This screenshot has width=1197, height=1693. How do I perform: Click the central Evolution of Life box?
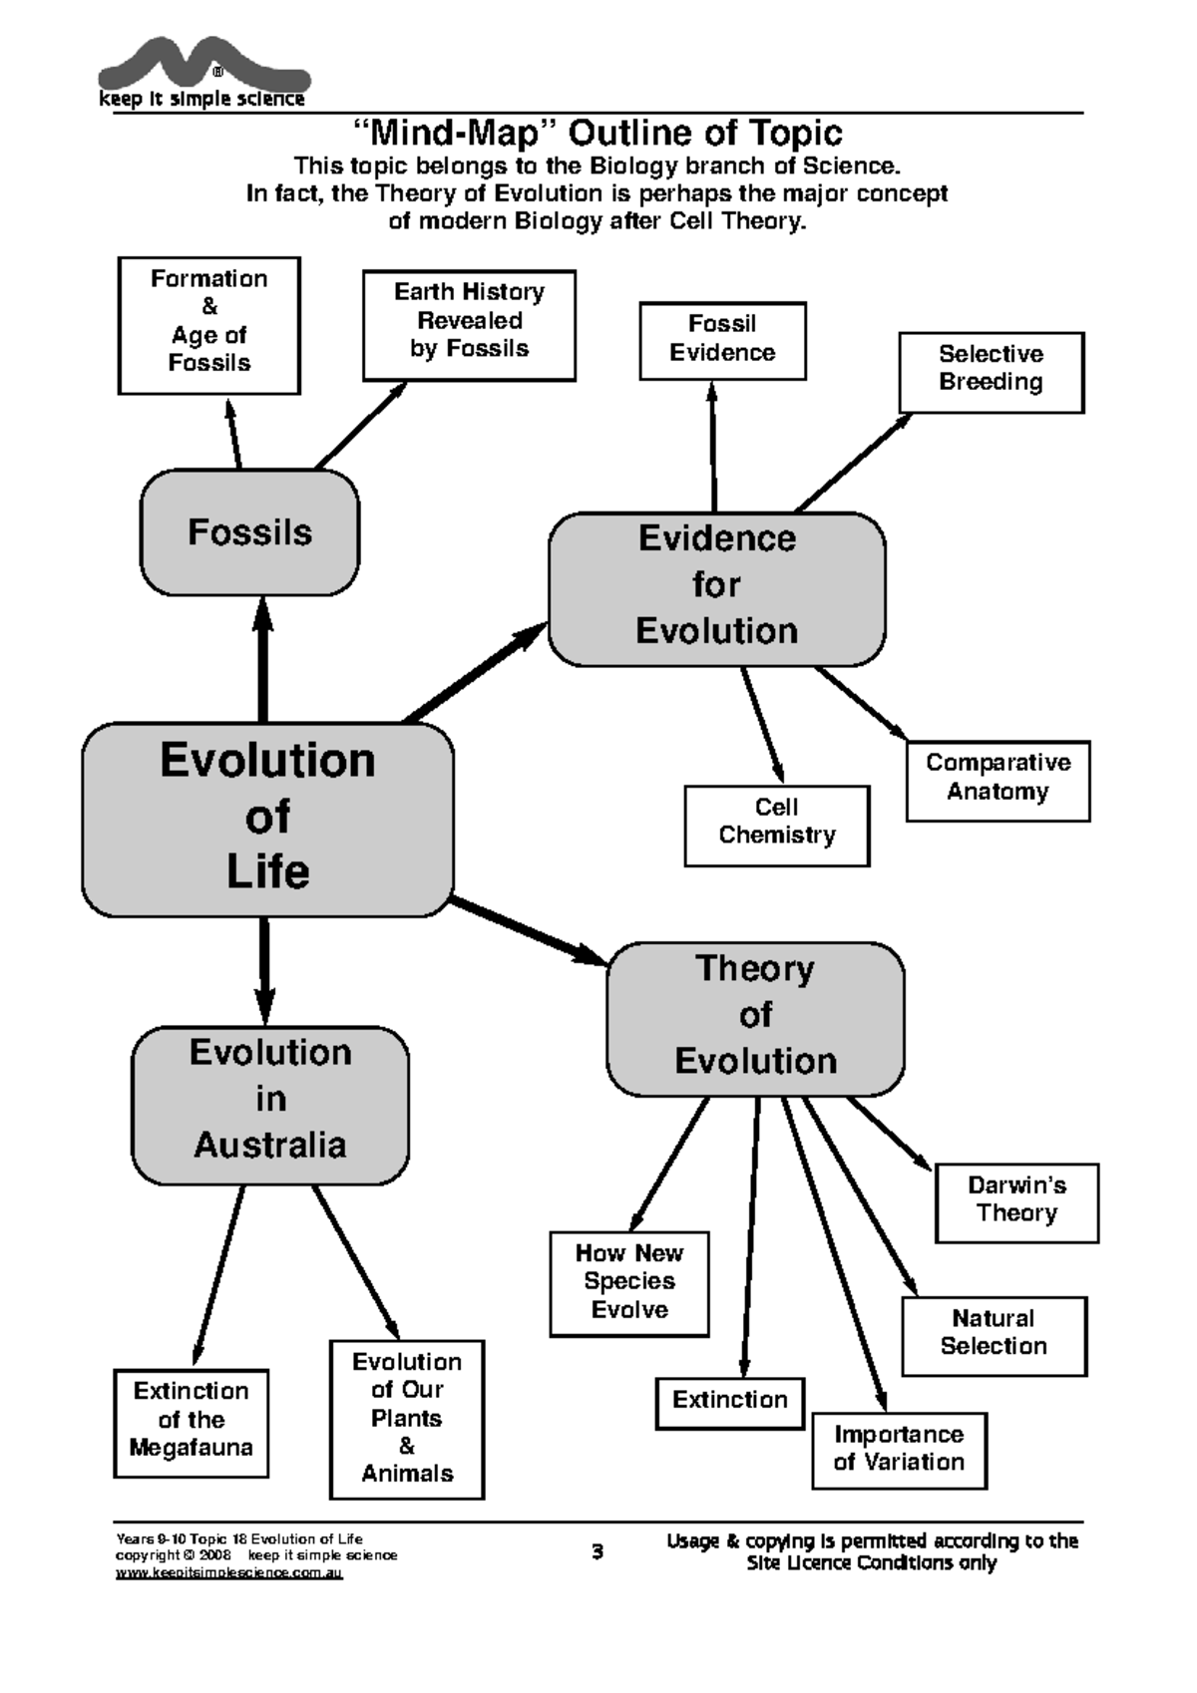pyautogui.click(x=267, y=819)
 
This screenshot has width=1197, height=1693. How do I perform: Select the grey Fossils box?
pyautogui.click(x=249, y=532)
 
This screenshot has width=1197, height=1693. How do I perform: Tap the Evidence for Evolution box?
pyautogui.click(x=716, y=588)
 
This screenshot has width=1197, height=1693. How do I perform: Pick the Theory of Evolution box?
pyautogui.click(x=755, y=1018)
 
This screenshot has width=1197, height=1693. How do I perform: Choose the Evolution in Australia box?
pyautogui.click(x=270, y=1105)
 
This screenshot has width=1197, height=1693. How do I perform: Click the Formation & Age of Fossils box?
pyautogui.click(x=208, y=325)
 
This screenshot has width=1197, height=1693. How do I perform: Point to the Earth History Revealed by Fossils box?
pyautogui.click(x=469, y=325)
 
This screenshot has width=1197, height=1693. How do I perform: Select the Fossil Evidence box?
pyautogui.click(x=722, y=341)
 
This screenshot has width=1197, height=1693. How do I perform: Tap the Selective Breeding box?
pyautogui.click(x=991, y=372)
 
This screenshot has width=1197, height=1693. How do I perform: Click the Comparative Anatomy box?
pyautogui.click(x=997, y=781)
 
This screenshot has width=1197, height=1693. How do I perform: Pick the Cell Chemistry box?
pyautogui.click(x=776, y=826)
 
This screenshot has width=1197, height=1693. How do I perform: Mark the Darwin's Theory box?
pyautogui.click(x=1016, y=1202)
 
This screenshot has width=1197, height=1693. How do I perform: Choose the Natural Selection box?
pyautogui.click(x=994, y=1336)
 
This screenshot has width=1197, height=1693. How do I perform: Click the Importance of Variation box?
pyautogui.click(x=899, y=1451)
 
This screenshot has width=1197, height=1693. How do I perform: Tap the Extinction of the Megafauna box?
pyautogui.click(x=191, y=1423)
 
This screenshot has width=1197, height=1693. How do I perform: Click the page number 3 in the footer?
pyautogui.click(x=598, y=1552)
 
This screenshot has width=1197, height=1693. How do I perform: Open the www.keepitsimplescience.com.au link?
pyautogui.click(x=228, y=1573)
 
